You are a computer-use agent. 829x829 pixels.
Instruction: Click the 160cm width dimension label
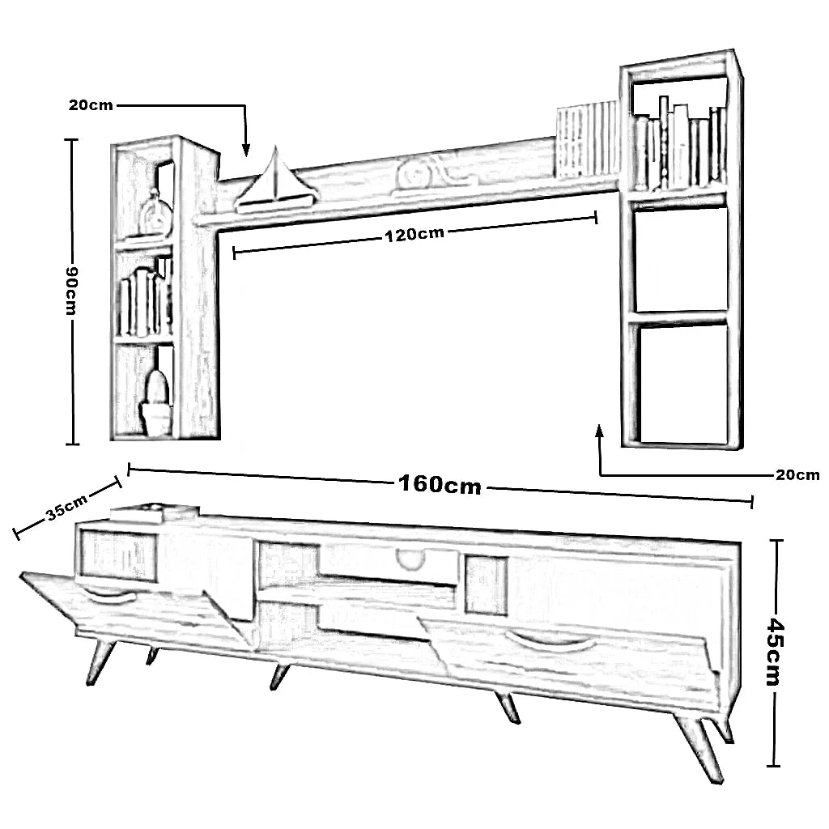440,485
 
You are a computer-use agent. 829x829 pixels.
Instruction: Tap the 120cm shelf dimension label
414,235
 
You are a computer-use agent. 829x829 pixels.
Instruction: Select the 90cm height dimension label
71,291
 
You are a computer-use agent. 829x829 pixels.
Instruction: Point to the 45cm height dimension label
775,652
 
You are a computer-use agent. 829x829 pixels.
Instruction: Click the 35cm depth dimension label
66,508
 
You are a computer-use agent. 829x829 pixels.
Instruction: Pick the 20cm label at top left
91,105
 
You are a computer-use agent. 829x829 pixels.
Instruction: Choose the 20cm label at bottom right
797,475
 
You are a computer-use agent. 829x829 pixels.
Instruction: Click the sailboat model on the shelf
275,182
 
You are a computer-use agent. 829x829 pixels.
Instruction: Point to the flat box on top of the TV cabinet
154,513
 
